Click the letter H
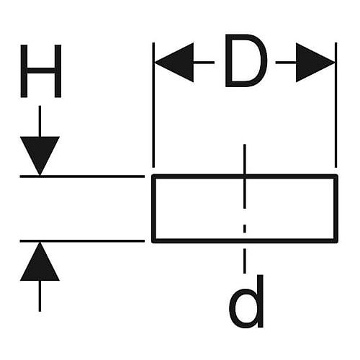41,71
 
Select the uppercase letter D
246,60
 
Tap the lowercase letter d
246,301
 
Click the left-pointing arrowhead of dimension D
174,63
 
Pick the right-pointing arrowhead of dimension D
315,63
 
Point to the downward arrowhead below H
40,156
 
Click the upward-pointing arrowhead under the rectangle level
40,261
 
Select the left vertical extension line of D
153,105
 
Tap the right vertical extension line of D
336,105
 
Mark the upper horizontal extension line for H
82,176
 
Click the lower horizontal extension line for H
82,240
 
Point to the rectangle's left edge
153,209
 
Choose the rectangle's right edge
336,209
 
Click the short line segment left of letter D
204,63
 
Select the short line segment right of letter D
286,63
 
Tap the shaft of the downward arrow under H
40,122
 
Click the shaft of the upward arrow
40,296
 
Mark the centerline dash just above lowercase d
245,261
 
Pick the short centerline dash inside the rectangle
245,228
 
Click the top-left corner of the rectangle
152,175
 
